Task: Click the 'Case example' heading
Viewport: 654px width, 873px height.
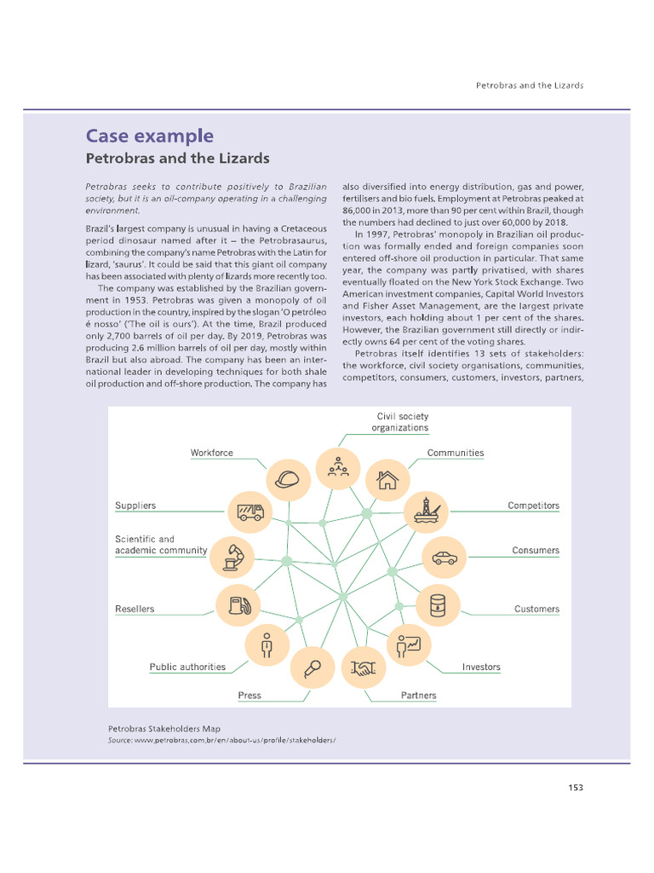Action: click(x=149, y=136)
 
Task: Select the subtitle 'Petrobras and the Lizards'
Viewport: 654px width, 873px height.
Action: click(x=177, y=159)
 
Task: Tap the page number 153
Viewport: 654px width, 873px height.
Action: click(x=575, y=787)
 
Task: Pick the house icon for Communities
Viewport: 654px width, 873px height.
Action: click(x=387, y=479)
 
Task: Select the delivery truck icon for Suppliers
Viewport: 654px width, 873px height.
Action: click(x=250, y=512)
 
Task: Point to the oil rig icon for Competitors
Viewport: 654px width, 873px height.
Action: click(x=423, y=512)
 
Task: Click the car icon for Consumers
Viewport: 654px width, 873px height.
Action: click(x=444, y=558)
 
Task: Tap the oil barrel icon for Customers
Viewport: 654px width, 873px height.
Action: click(x=438, y=605)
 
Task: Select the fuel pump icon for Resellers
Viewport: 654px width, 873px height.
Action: click(x=238, y=605)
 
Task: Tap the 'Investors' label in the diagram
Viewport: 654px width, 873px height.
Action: click(x=481, y=667)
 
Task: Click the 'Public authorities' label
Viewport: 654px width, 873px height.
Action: click(x=187, y=667)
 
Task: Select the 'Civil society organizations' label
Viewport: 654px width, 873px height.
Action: click(x=399, y=422)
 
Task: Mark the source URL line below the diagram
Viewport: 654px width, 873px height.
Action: click(x=221, y=741)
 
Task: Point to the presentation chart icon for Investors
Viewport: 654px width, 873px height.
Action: click(x=408, y=646)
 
